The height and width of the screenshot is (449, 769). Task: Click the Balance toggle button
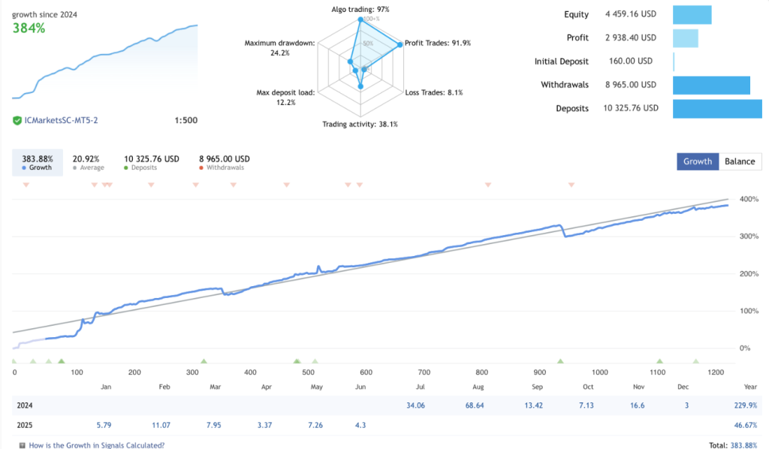coord(740,161)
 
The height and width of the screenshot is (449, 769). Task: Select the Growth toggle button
coord(697,161)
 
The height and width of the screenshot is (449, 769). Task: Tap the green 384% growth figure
coord(29,29)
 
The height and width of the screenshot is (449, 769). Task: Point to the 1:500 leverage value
coord(185,120)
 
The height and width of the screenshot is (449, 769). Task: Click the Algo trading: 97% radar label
coord(360,9)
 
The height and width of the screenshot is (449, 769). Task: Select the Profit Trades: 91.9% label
coord(437,43)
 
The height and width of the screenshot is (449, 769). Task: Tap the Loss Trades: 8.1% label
coord(434,92)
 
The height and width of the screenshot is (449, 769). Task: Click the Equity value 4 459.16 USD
coord(631,14)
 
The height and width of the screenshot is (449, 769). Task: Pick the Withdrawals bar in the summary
coord(711,85)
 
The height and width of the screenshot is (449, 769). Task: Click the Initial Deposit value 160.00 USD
coord(629,62)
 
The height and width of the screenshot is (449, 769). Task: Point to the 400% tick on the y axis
coord(748,200)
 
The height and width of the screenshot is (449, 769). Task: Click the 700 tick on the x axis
coord(424,372)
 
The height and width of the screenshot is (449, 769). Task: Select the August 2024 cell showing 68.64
coord(478,405)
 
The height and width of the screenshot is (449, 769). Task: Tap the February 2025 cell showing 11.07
coord(161,424)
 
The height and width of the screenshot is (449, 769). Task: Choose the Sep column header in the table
coord(537,387)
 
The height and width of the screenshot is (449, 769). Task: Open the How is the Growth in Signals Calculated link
coord(96,444)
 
